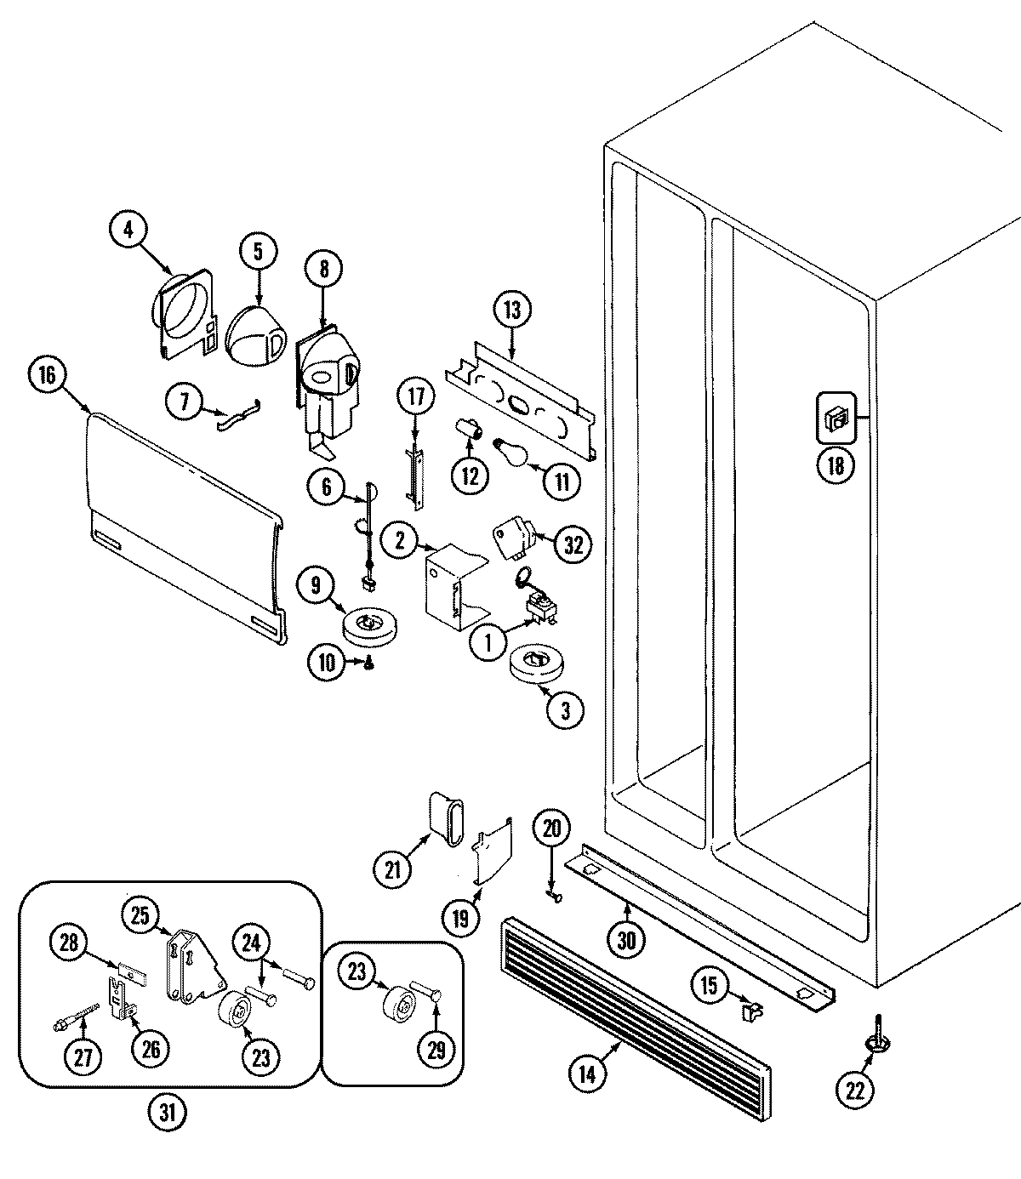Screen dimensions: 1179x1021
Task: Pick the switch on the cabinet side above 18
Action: click(836, 418)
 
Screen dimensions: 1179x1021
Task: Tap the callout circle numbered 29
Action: click(436, 1051)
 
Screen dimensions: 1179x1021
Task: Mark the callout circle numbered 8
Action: click(324, 269)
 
